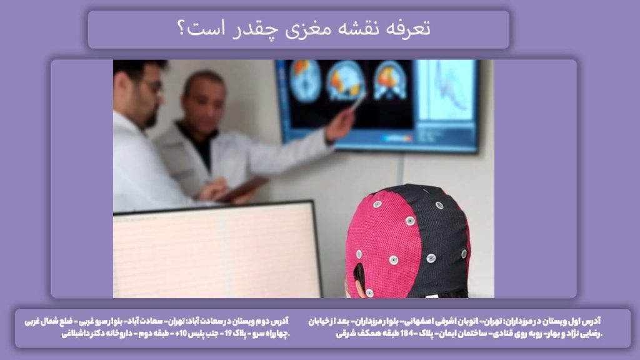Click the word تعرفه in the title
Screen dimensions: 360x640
409,29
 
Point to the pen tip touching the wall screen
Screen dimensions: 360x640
358,102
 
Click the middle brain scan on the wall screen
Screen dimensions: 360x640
345,81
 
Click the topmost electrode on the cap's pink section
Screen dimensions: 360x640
377,204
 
